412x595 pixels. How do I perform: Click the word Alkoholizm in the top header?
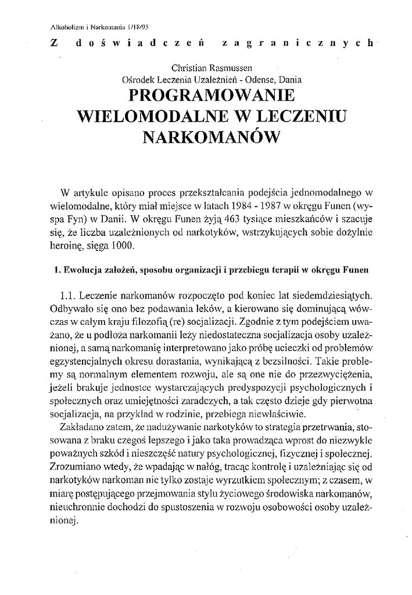(60, 26)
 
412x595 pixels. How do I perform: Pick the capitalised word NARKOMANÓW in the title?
(211, 137)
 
